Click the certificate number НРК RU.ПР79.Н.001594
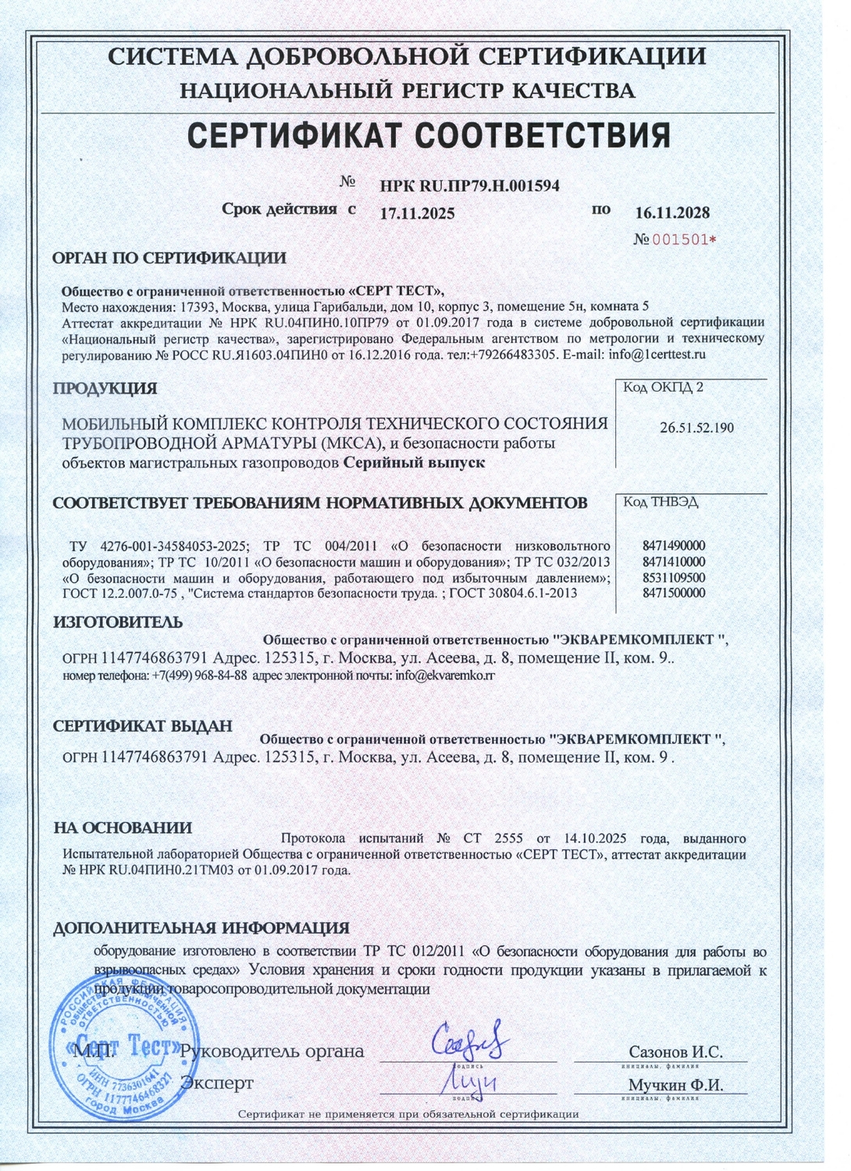[469, 186]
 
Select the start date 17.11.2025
[417, 213]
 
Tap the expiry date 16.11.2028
[672, 213]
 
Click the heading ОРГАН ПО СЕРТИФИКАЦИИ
[169, 258]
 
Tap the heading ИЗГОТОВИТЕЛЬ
[118, 622]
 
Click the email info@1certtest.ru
[668, 354]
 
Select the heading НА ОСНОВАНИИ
[123, 828]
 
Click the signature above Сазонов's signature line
[470, 1040]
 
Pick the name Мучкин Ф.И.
[675, 1086]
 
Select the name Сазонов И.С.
[675, 1052]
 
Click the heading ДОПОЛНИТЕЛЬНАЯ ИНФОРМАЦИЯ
[201, 928]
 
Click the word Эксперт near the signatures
[217, 1084]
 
